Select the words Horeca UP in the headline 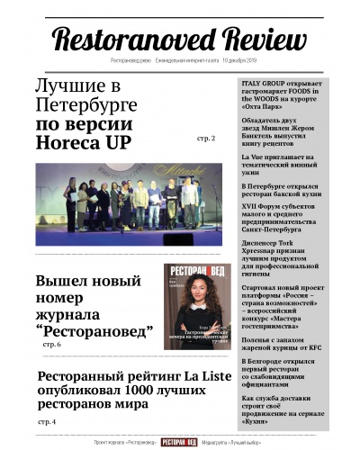pos(84,141)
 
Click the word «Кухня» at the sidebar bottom pos(260,423)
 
